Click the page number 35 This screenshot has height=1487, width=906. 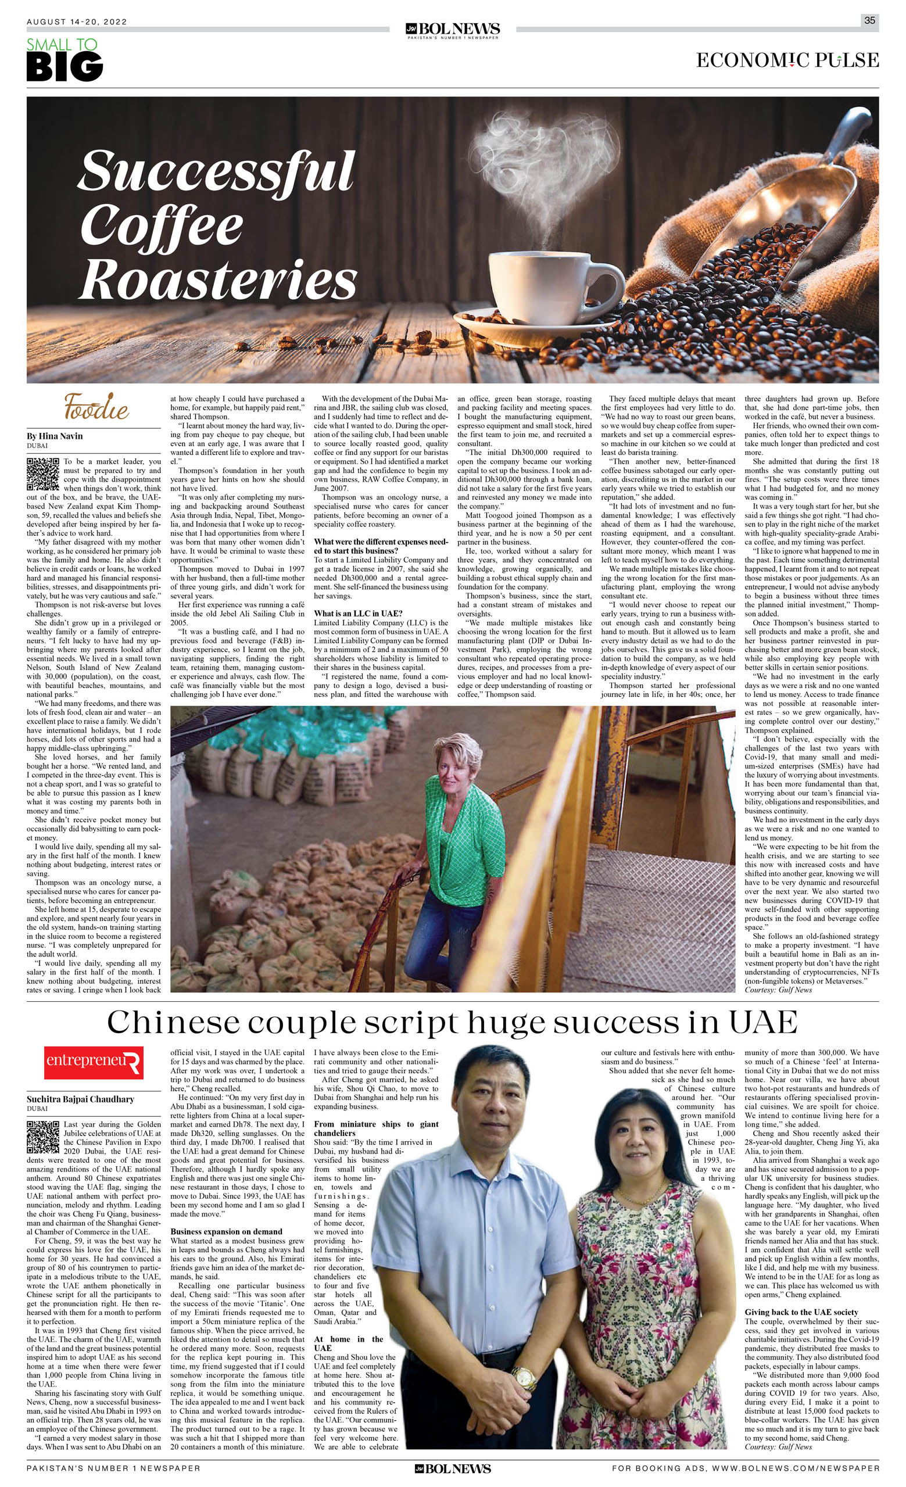[x=869, y=20]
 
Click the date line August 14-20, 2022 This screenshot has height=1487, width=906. [x=77, y=22]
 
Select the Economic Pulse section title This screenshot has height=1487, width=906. [x=787, y=60]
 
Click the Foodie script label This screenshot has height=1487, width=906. [x=96, y=407]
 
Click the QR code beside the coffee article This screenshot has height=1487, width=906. [x=42, y=474]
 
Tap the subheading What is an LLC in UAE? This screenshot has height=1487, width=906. [x=358, y=614]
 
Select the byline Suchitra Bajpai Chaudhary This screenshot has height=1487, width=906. [x=80, y=1099]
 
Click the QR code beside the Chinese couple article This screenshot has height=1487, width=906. [x=42, y=1138]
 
